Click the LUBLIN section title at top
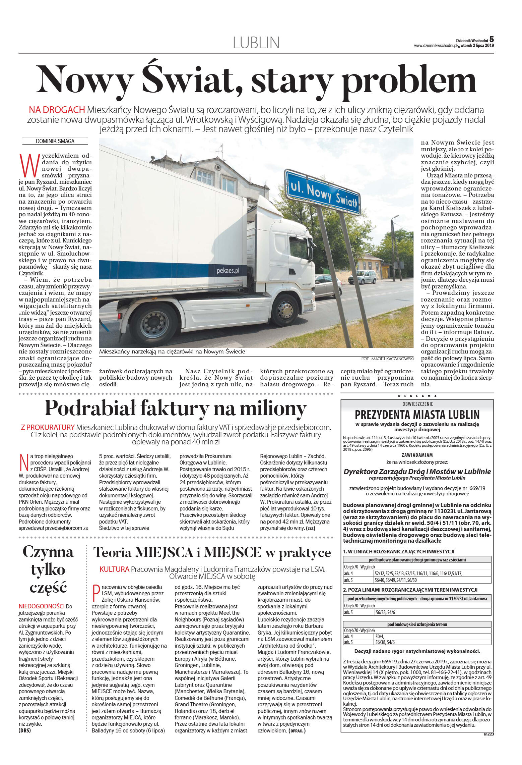pyautogui.click(x=256, y=43)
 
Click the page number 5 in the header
pyautogui.click(x=492, y=40)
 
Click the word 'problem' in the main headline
pyautogui.click(x=409, y=80)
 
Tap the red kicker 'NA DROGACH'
pyautogui.click(x=57, y=110)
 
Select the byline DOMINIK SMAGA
pyautogui.click(x=55, y=141)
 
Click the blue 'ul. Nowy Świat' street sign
pyautogui.click(x=323, y=192)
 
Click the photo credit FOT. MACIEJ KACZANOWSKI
pyautogui.click(x=387, y=359)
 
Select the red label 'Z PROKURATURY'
pyautogui.click(x=47, y=428)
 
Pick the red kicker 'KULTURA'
pyautogui.click(x=114, y=569)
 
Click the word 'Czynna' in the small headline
pyautogui.click(x=48, y=552)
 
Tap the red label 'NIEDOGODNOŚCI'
pyautogui.click(x=42, y=606)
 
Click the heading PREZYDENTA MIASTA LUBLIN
pyautogui.click(x=417, y=415)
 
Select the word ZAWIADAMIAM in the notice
pyautogui.click(x=417, y=455)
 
